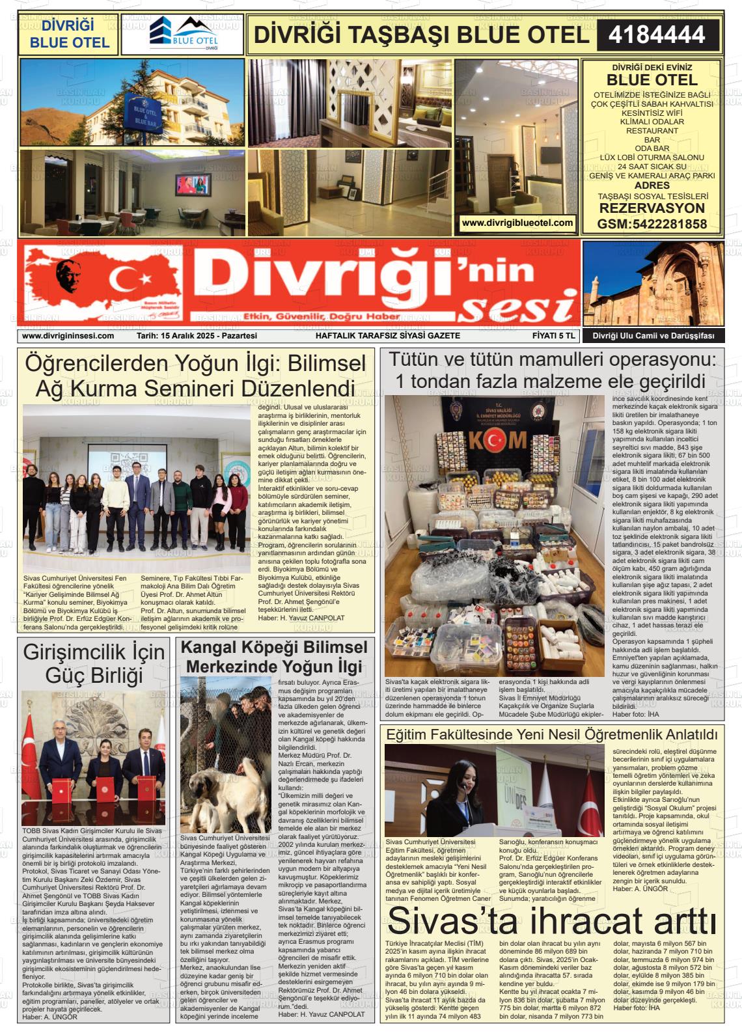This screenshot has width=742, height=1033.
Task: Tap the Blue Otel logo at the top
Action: point(182,34)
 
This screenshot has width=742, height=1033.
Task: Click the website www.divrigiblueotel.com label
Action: point(517,223)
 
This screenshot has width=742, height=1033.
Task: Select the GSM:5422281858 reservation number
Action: point(652,225)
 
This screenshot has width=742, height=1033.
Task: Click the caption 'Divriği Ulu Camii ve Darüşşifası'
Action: point(653,336)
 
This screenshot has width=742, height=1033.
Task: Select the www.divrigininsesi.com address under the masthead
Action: point(68,336)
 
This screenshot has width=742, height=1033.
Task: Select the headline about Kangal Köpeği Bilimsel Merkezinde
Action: point(273,657)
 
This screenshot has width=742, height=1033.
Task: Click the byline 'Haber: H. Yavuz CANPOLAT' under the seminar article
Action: point(301,618)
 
